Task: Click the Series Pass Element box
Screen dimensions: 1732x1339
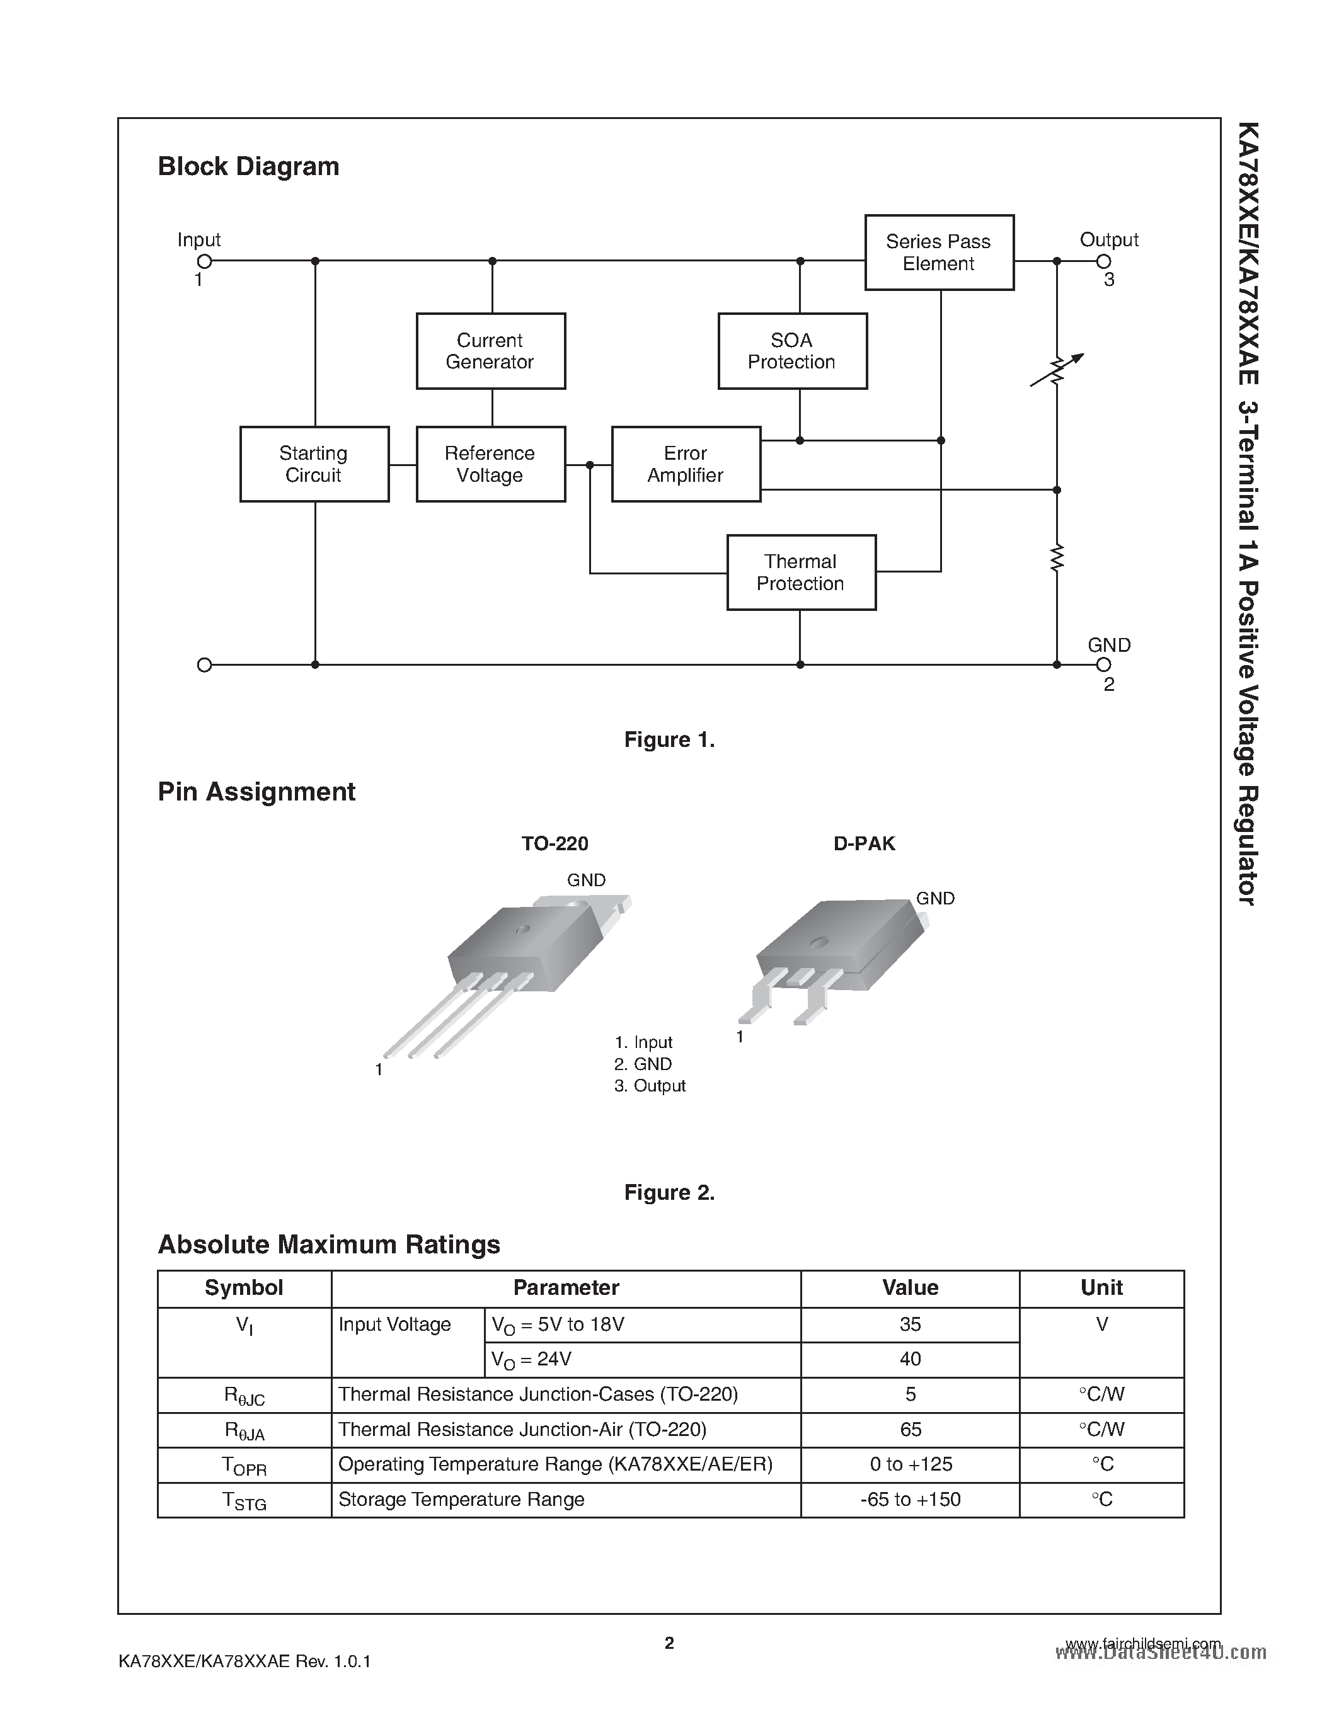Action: point(938,252)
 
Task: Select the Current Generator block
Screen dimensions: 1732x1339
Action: point(490,351)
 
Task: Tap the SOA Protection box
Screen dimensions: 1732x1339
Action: point(791,351)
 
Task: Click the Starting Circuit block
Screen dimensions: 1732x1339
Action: point(314,464)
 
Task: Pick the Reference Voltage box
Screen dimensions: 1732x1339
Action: point(490,464)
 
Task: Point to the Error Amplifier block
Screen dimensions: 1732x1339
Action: point(686,464)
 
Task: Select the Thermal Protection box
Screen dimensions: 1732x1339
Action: point(800,573)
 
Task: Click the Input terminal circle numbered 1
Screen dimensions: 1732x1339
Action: point(204,261)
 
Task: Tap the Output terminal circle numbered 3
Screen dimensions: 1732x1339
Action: point(1103,261)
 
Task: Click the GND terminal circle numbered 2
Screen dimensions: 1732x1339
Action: point(1103,664)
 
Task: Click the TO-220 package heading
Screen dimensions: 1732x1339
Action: point(555,843)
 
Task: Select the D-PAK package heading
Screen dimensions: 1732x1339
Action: point(864,843)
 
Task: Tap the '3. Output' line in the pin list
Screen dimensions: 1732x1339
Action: point(650,1086)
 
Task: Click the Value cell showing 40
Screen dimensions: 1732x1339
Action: point(910,1359)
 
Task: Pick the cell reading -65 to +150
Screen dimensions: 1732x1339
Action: point(910,1500)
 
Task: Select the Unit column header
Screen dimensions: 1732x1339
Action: point(1101,1288)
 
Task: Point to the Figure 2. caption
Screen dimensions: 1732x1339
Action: point(669,1193)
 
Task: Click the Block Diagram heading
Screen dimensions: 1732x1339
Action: point(248,166)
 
